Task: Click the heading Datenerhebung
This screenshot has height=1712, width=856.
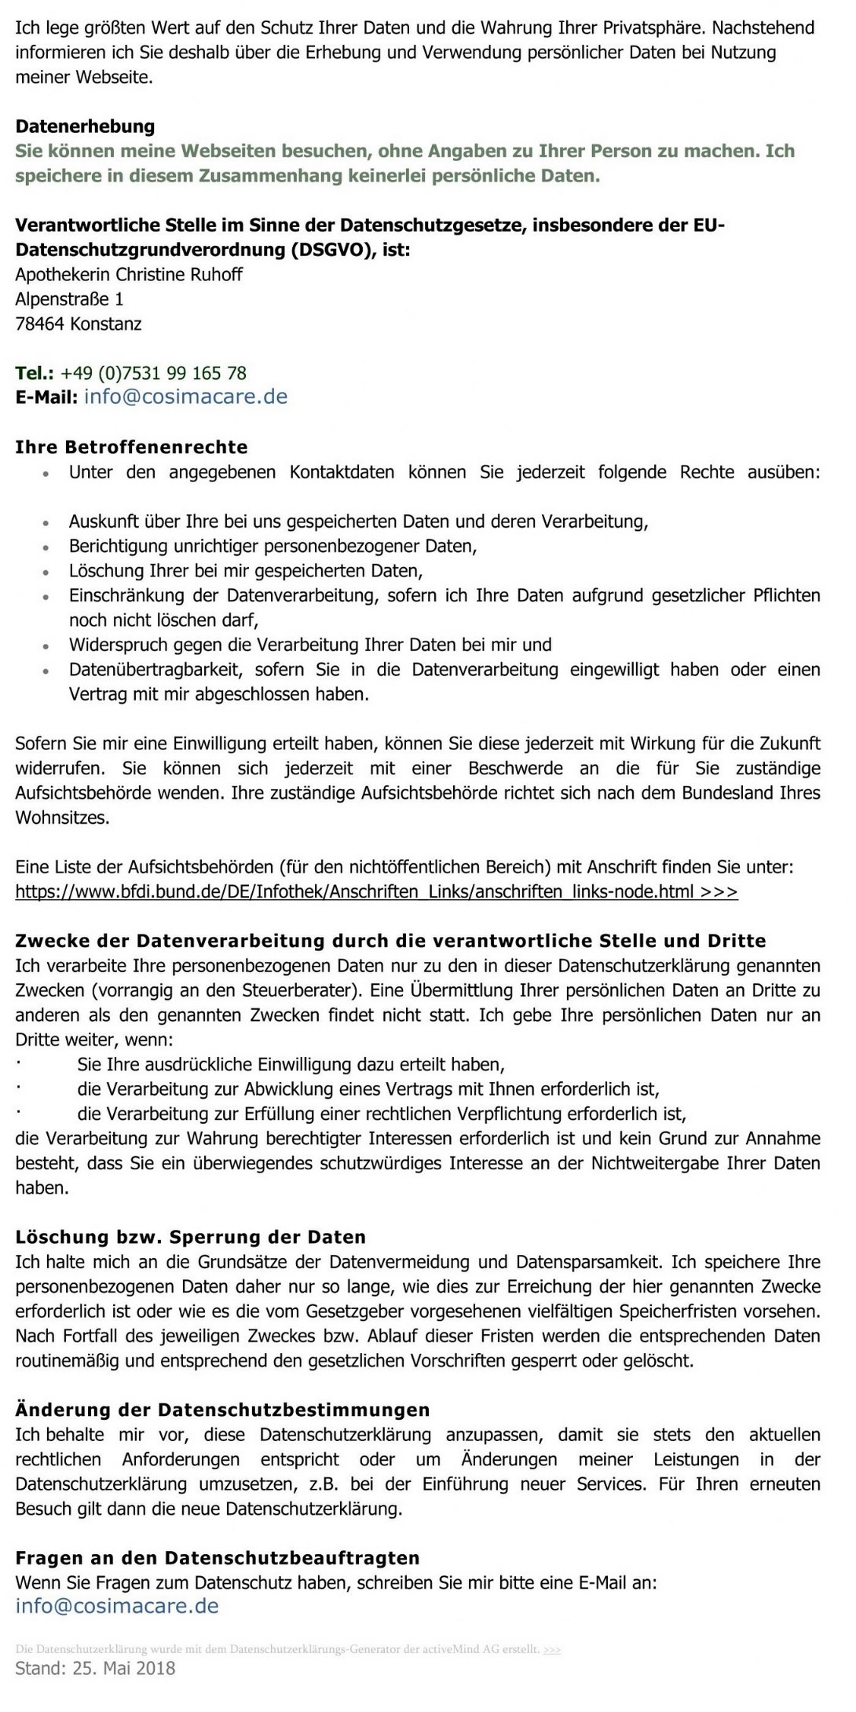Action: pyautogui.click(x=85, y=126)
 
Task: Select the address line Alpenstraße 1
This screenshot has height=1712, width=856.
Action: pyautogui.click(x=69, y=299)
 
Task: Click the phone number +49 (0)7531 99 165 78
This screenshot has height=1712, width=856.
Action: pyautogui.click(x=153, y=373)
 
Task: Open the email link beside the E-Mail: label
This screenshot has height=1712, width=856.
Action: pyautogui.click(x=185, y=397)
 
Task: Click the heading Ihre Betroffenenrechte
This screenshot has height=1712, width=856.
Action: pyautogui.click(x=131, y=447)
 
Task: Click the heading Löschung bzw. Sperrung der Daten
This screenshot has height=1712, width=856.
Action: pyautogui.click(x=190, y=1237)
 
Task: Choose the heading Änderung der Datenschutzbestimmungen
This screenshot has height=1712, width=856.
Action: pyautogui.click(x=222, y=1410)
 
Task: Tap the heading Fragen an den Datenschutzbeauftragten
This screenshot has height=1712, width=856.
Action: pyautogui.click(x=217, y=1557)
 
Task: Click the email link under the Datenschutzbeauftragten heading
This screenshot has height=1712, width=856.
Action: pyautogui.click(x=117, y=1606)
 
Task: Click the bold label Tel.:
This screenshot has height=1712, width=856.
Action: pyautogui.click(x=35, y=373)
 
